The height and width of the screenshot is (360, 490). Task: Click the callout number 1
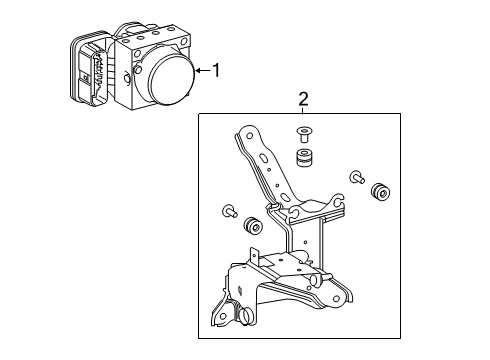(214, 70)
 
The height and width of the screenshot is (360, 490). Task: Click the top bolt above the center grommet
(303, 133)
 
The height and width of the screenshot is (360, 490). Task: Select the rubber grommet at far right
(380, 192)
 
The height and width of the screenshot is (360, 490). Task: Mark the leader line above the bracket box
(304, 109)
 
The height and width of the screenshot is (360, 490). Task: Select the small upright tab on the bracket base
(255, 257)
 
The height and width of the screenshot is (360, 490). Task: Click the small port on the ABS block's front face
(128, 77)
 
